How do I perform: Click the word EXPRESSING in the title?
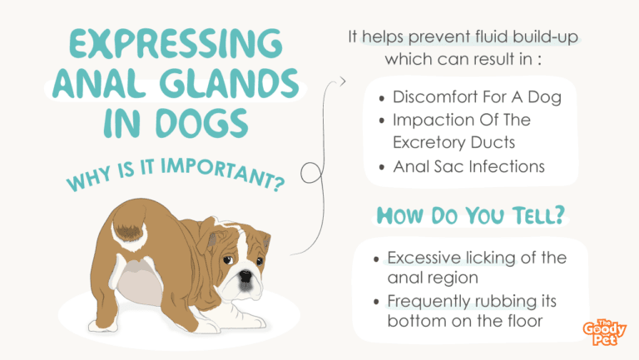(176, 43)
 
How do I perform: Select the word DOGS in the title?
(202, 123)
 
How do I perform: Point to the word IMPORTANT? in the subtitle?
(223, 174)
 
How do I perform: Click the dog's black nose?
(245, 276)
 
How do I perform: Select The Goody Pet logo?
(604, 333)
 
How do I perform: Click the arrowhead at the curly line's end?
(342, 81)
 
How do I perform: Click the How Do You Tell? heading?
(471, 215)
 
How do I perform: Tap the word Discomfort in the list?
(435, 97)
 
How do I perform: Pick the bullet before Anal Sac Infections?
(382, 167)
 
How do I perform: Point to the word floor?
(525, 320)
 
